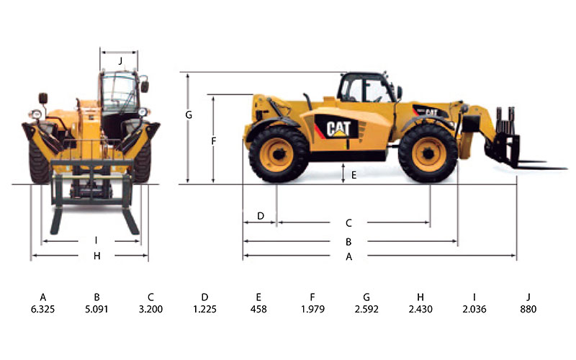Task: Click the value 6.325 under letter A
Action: coord(42,310)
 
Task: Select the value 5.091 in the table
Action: coord(96,310)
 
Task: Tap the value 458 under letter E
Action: coord(258,310)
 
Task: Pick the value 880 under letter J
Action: coord(528,310)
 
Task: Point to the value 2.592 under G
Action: coord(366,310)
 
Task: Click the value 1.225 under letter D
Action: coord(204,310)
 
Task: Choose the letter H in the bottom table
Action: coord(420,297)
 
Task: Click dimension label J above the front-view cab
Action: coord(120,61)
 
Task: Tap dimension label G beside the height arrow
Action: coord(189,115)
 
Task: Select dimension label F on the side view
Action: coord(214,141)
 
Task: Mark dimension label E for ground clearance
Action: coord(354,175)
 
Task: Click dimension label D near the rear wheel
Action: coord(261,215)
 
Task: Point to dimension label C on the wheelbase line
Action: coord(348,223)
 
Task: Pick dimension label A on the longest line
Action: coord(349,256)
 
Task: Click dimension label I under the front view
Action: coord(96,240)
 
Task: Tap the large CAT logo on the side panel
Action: coord(338,129)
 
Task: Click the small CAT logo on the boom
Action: coord(431,112)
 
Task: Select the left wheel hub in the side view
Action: coord(279,154)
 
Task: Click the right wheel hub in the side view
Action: coord(428,154)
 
